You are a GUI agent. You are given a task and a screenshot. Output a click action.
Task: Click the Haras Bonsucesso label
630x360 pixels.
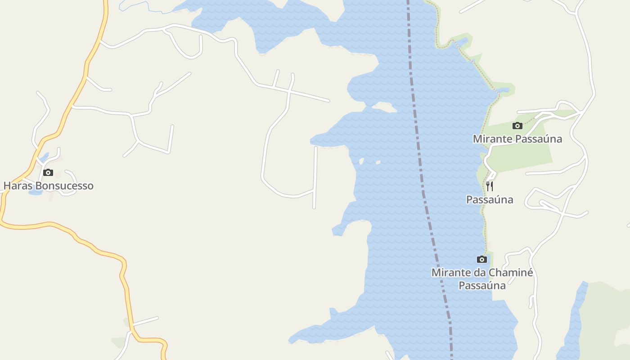coord(49,186)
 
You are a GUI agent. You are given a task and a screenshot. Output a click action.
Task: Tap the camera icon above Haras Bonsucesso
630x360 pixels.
coord(48,173)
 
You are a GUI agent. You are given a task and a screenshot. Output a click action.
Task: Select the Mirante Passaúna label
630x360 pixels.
coord(517,139)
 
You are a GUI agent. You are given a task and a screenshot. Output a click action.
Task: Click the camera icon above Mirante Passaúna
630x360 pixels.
coord(517,126)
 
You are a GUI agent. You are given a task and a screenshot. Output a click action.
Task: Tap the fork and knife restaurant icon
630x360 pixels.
coord(490,186)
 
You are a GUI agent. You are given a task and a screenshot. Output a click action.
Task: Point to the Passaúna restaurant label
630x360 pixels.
coord(490,199)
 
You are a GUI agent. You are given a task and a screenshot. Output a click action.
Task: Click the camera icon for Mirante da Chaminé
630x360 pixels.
coord(482,259)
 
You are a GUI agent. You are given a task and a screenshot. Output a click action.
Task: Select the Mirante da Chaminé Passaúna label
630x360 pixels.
coord(482,279)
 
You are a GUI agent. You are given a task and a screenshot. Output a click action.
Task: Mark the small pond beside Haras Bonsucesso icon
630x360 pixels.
coord(35,192)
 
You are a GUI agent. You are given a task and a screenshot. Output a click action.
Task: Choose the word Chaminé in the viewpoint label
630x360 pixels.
coord(511,273)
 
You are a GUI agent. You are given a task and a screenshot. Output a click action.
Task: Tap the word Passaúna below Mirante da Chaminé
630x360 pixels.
coord(482,285)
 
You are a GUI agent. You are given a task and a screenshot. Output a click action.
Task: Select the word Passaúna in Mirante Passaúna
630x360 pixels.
coord(538,139)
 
